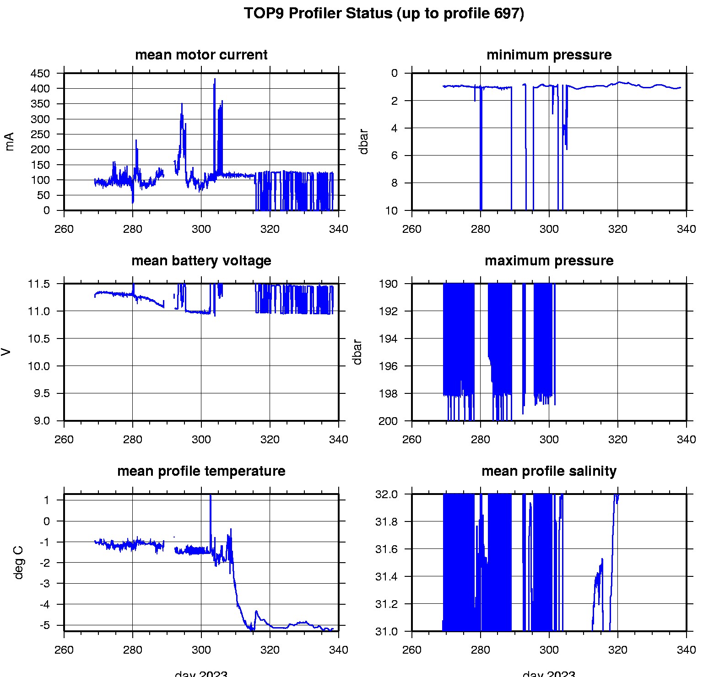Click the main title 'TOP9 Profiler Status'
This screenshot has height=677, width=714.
point(384,13)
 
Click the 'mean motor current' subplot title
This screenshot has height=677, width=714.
point(201,55)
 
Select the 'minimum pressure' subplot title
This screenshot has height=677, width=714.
point(549,55)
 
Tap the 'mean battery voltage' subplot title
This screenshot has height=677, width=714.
point(201,261)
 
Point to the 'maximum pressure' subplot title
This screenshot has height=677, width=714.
point(549,261)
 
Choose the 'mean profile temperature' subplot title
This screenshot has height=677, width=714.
point(201,471)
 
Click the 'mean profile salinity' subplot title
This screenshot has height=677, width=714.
point(549,471)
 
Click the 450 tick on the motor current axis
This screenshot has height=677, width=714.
point(40,74)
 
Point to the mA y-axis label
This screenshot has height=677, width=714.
point(10,141)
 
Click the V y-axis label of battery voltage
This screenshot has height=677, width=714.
point(6,352)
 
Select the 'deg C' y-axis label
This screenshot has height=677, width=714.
point(19,562)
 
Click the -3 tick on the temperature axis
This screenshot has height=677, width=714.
point(46,583)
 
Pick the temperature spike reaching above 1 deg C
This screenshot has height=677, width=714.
point(211,497)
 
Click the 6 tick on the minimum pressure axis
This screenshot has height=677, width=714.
point(394,156)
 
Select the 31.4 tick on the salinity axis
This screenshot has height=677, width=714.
point(386,576)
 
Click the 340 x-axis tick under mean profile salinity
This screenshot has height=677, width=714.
point(686,650)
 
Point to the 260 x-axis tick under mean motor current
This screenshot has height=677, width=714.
point(64,229)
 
